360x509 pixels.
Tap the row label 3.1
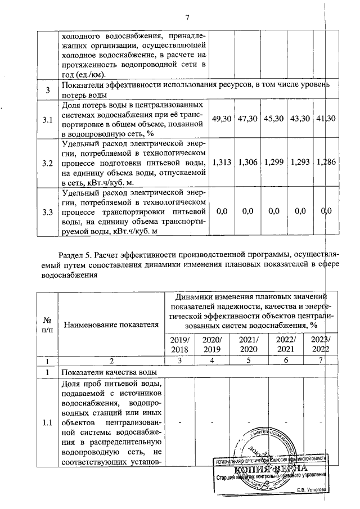click(x=47, y=119)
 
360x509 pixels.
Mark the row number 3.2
click(x=47, y=163)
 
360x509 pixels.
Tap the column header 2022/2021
click(x=285, y=345)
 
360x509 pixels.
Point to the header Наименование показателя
click(x=109, y=324)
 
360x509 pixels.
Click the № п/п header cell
click(x=47, y=324)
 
